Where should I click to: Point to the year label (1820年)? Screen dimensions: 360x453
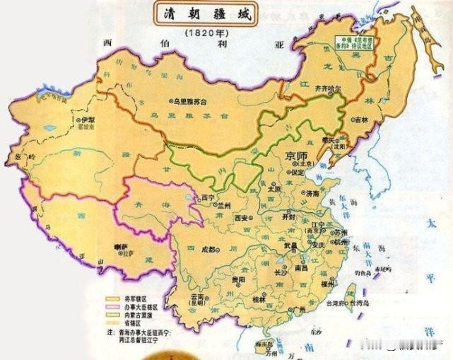coord(204,33)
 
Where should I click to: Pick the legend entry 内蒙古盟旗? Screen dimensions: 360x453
coord(137,315)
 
